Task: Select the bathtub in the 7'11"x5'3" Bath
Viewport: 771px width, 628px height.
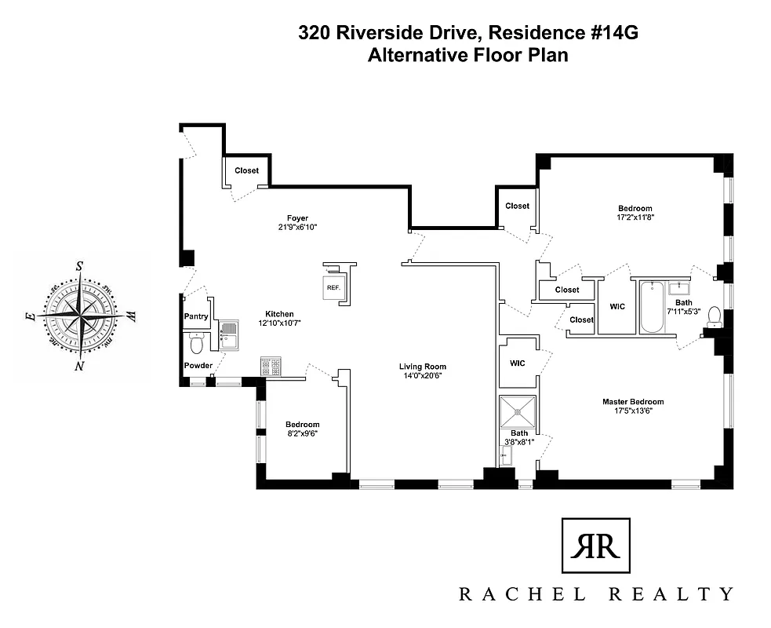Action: tap(651, 308)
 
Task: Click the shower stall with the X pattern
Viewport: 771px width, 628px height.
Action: tap(518, 410)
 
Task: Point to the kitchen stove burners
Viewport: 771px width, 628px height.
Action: tap(271, 366)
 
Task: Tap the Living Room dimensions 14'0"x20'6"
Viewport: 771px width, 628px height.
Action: tap(422, 376)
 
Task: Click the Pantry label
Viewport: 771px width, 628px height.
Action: tap(195, 316)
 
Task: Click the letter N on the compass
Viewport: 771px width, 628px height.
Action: tap(79, 366)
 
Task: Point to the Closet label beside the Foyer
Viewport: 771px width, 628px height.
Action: tap(246, 170)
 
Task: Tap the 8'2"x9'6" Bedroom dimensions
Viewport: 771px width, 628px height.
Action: tap(303, 433)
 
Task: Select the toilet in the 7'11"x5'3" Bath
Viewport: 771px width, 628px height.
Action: tap(714, 316)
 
